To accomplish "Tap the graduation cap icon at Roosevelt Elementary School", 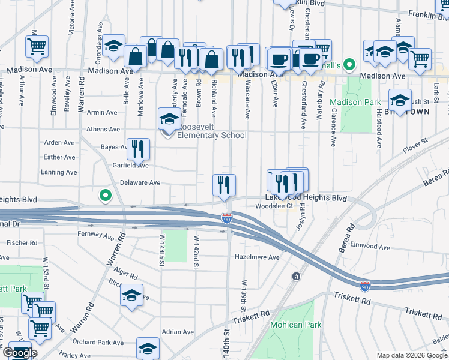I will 169,120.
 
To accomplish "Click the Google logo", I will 20,353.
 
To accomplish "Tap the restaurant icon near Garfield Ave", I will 138,149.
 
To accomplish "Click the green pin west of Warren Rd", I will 106,195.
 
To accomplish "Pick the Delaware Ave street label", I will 140,182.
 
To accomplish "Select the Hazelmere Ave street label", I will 258,257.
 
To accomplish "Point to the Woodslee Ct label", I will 274,206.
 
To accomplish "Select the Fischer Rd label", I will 22,243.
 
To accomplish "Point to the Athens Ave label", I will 103,129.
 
